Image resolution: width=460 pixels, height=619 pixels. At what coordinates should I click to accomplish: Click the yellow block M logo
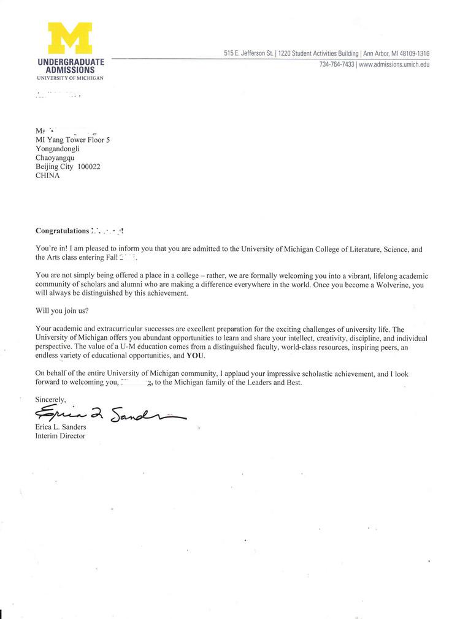pos(70,39)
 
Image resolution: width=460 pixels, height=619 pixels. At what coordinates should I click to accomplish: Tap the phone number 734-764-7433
pos(337,64)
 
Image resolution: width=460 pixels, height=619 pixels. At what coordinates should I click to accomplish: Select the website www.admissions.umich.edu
pos(394,64)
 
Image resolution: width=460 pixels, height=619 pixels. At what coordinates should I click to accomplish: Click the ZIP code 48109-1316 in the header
pos(411,53)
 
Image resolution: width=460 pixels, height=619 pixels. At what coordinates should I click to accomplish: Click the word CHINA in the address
pos(48,176)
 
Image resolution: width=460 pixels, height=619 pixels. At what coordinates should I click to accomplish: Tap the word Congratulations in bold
pos(63,231)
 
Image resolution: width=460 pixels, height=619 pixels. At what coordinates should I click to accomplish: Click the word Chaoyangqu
pos(55,157)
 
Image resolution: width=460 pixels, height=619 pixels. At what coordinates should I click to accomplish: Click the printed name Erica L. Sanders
pos(61,427)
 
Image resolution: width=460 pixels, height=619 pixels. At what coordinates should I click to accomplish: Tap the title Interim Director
pos(60,436)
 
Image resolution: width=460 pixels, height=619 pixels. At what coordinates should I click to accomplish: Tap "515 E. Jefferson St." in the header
pos(248,53)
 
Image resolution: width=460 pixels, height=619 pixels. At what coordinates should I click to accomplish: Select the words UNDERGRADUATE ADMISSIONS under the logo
pos(71,66)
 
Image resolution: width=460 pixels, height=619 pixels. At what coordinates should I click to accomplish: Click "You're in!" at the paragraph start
pos(49,249)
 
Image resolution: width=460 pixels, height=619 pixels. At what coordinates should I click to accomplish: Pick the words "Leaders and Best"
pos(277,383)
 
